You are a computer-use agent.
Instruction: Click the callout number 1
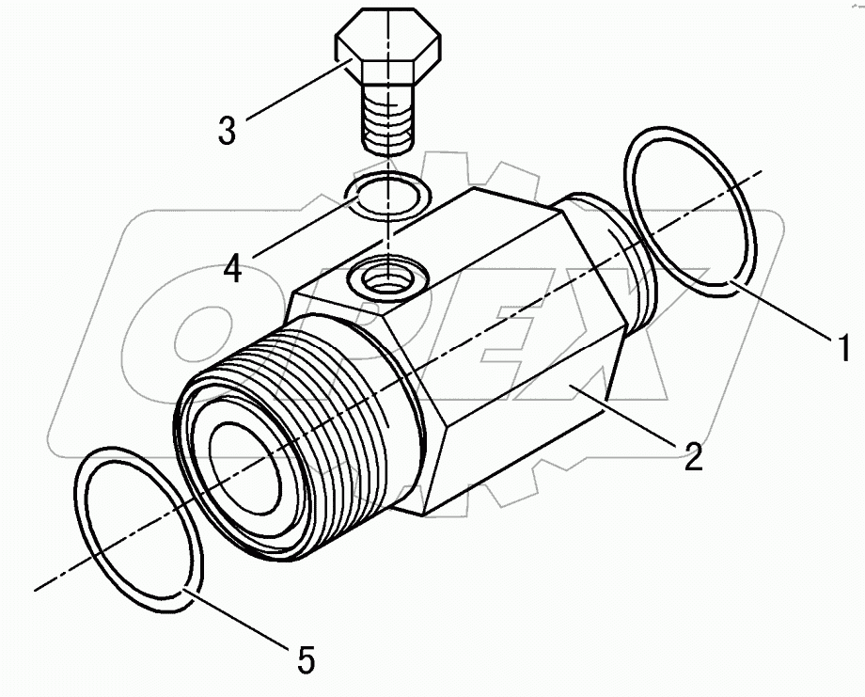[843, 347]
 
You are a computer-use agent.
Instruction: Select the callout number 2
[692, 457]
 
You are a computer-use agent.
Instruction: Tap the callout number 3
[227, 129]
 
